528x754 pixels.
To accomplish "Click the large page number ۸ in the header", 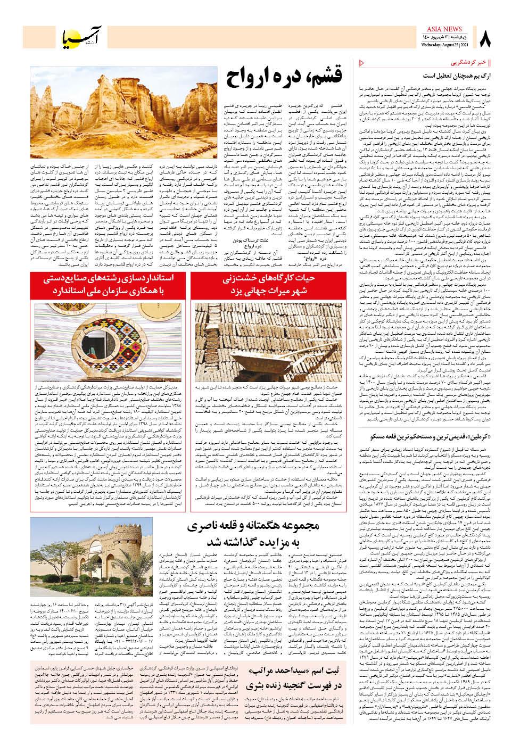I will click(485, 39).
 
